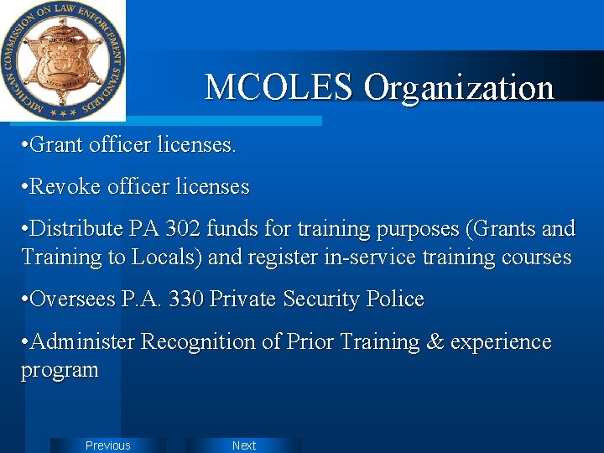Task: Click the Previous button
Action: (108, 445)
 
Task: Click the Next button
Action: (244, 445)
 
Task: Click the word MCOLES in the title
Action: (279, 87)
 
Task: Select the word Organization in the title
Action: (459, 87)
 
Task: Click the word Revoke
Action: (65, 186)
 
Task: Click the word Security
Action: (325, 299)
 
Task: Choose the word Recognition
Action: (197, 342)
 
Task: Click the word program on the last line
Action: (60, 370)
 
